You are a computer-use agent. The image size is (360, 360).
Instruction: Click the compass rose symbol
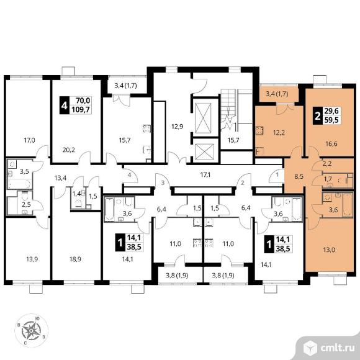[x=31, y=330]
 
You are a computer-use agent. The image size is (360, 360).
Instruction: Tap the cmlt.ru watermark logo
[x=329, y=348]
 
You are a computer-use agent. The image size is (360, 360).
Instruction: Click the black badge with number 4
[x=64, y=106]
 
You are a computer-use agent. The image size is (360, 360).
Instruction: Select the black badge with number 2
[x=318, y=115]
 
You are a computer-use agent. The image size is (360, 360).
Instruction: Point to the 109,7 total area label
[x=81, y=110]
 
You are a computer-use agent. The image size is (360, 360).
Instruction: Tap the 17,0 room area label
[x=30, y=140]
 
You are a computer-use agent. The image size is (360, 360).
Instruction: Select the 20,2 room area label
[x=69, y=150]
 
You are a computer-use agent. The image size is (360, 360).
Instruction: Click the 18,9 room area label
[x=75, y=259]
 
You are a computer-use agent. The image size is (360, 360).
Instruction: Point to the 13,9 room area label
[x=32, y=259]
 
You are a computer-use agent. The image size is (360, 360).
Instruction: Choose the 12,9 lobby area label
[x=178, y=126]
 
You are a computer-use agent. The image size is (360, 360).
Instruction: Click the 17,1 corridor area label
[x=205, y=175]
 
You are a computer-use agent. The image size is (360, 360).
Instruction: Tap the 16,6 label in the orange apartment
[x=331, y=144]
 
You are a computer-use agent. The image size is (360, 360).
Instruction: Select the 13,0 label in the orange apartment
[x=329, y=250]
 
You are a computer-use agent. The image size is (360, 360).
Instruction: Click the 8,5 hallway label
[x=299, y=177]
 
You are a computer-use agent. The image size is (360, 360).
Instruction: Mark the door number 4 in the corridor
[x=130, y=175]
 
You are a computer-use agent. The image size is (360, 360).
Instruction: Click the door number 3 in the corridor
[x=163, y=183]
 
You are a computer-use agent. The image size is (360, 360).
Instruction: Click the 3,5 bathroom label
[x=24, y=171]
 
